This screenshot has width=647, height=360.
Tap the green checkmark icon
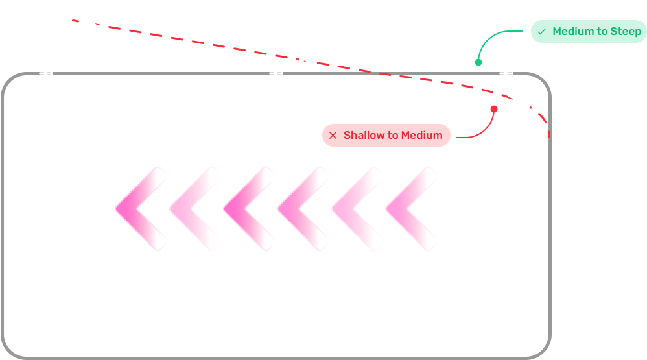point(541,31)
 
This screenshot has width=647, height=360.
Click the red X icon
point(333,136)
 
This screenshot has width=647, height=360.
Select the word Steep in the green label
point(626,31)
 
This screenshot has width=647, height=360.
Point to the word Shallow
point(364,136)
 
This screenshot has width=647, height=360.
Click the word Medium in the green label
point(572,31)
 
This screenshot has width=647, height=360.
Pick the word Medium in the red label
point(421,136)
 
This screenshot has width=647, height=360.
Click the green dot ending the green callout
point(478,62)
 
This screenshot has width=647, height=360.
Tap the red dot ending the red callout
point(493,109)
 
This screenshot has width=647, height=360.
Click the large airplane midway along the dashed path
point(303,58)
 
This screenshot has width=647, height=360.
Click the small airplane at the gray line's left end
point(47,73)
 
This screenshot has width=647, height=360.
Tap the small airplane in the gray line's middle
point(277,73)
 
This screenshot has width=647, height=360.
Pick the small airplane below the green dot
point(508,73)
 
